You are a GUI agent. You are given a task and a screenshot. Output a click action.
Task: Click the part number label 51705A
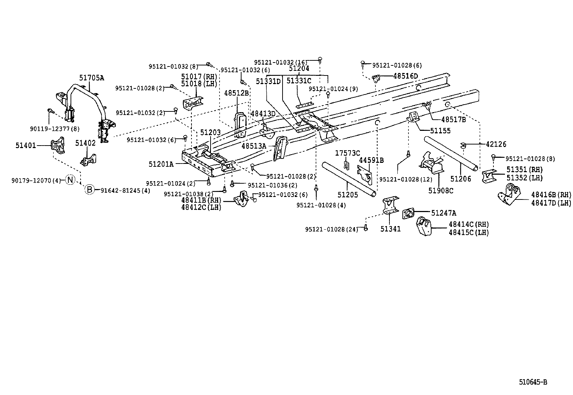pos(91,77)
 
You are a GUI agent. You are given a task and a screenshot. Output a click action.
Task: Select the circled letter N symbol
pos(70,180)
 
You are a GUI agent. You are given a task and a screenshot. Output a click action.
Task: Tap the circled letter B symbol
pos(89,190)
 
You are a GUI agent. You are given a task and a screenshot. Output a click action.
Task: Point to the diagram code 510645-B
pos(533,382)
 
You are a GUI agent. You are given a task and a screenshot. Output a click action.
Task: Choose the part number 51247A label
pos(443,213)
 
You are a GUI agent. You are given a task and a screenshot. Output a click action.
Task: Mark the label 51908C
pos(441,191)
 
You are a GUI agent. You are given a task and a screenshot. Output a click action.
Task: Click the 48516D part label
pos(406,76)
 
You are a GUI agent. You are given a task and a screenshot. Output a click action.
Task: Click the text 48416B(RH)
pos(551,195)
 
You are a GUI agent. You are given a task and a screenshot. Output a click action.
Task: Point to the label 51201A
pos(161,164)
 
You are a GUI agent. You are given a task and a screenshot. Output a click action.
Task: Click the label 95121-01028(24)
pos(331,229)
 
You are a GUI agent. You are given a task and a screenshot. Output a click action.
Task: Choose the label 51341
pos(391,229)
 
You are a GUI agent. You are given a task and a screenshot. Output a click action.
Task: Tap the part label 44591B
pos(371,160)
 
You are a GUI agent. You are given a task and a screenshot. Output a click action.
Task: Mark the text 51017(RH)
pos(198,77)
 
